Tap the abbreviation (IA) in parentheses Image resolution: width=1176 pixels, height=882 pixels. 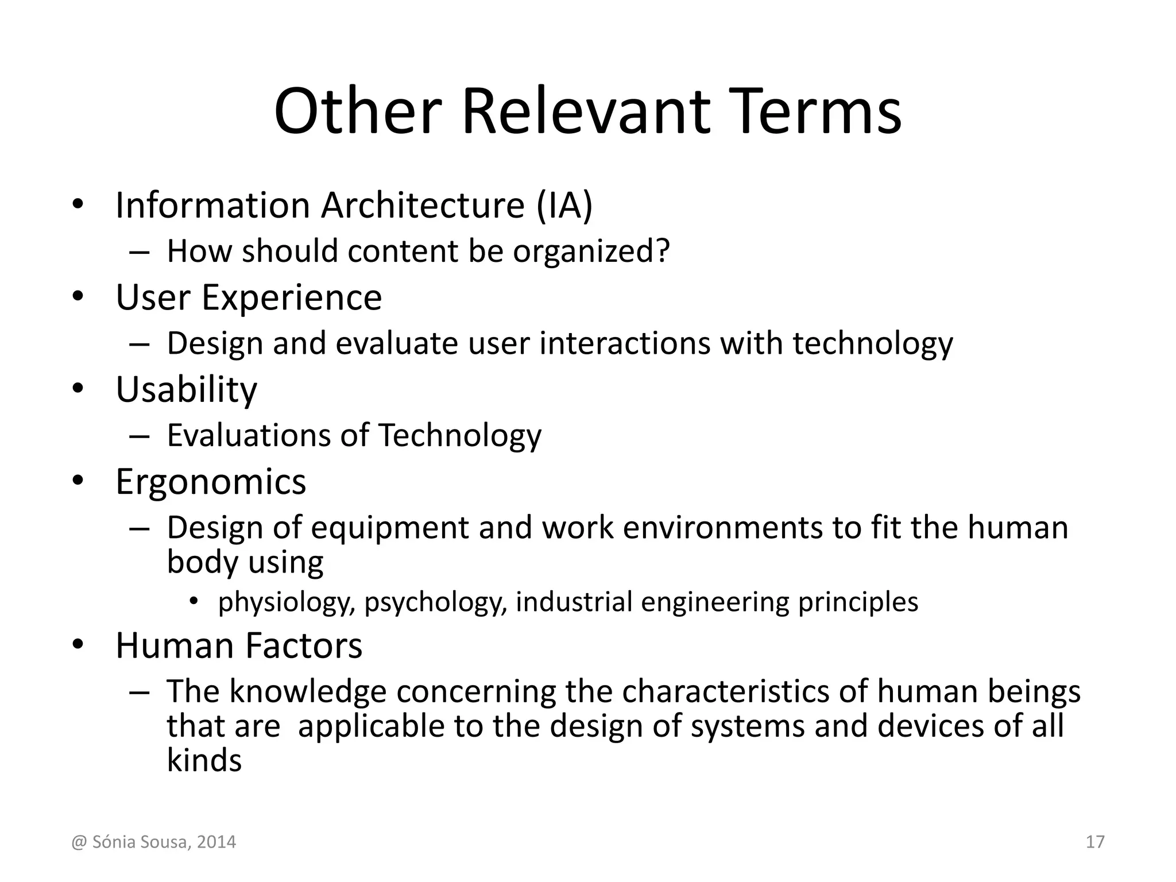pyautogui.click(x=564, y=205)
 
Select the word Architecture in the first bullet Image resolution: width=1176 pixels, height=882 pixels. pyautogui.click(x=423, y=205)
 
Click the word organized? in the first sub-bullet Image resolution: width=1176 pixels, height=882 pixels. pyautogui.click(x=591, y=252)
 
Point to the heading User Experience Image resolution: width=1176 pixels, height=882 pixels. pyautogui.click(x=249, y=297)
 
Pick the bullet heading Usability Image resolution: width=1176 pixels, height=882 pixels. pyautogui.click(x=187, y=390)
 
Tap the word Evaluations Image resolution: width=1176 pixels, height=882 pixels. pyautogui.click(x=249, y=435)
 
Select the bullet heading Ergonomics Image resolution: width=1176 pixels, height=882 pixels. pyautogui.click(x=211, y=481)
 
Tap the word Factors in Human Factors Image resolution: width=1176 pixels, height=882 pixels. pyautogui.click(x=304, y=645)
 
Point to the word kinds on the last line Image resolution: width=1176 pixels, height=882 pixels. pyautogui.click(x=204, y=760)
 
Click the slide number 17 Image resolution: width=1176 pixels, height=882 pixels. pyautogui.click(x=1095, y=842)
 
